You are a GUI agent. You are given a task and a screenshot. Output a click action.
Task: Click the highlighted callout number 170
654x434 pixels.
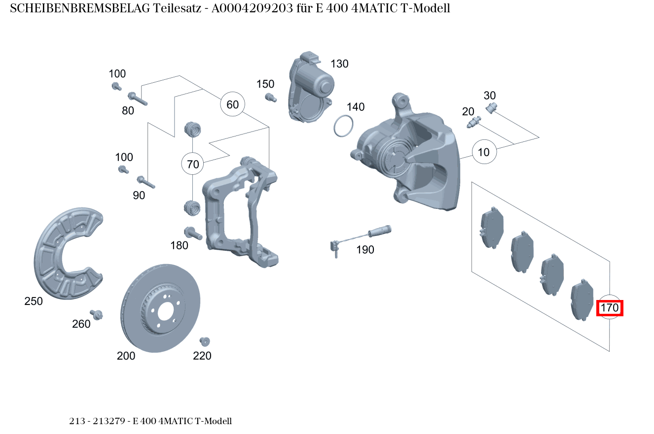(610, 308)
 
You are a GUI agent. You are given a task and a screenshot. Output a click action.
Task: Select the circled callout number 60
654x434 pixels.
(232, 104)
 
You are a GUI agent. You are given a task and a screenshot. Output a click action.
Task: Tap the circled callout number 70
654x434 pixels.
(193, 164)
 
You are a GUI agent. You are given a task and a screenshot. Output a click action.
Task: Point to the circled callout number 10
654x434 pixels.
(484, 152)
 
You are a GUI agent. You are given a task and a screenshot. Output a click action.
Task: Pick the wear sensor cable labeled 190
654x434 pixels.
(360, 235)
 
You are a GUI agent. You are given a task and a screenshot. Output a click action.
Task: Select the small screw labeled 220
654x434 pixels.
(205, 341)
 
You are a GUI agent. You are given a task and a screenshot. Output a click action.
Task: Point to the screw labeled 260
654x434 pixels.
(96, 314)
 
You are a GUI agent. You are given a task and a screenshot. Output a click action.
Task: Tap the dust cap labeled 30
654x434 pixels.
(492, 108)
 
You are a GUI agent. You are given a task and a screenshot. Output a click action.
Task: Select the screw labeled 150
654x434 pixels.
(269, 98)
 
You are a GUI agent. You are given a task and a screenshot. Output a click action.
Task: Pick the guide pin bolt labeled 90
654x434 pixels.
(146, 182)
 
